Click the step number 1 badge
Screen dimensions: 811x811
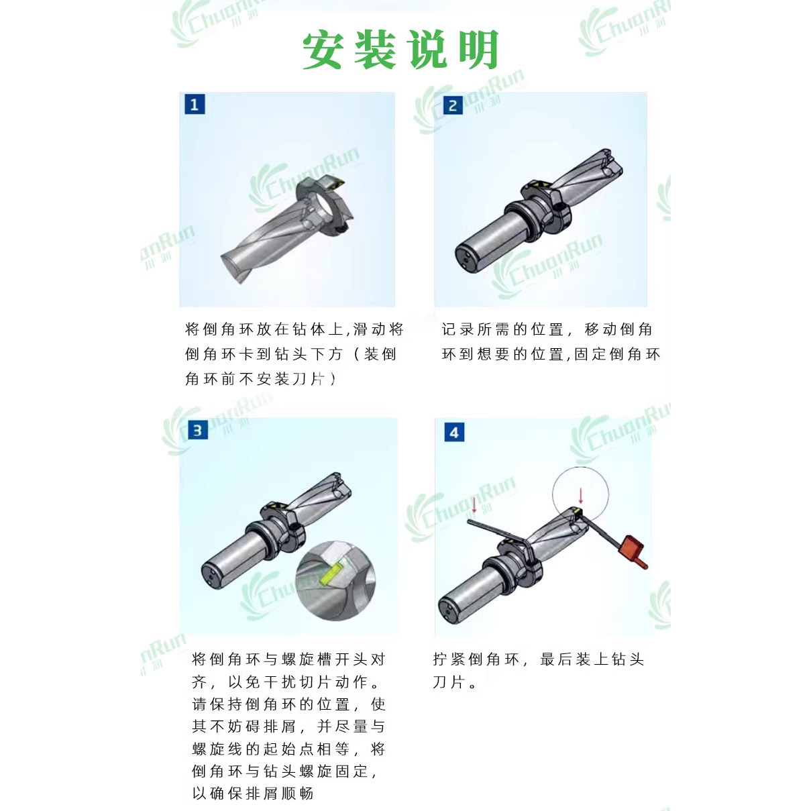(x=195, y=105)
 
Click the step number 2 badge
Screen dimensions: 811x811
(x=453, y=105)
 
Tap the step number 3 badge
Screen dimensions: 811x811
(x=197, y=430)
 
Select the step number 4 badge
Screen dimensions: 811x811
(x=454, y=433)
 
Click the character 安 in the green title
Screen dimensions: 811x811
(x=323, y=50)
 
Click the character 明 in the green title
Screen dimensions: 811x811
(x=478, y=50)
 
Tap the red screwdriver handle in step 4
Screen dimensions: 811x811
(x=633, y=548)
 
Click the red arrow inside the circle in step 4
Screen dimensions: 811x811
(x=580, y=495)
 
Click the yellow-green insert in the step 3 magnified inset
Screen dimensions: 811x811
(x=331, y=574)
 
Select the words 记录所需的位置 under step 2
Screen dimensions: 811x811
(x=503, y=329)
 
